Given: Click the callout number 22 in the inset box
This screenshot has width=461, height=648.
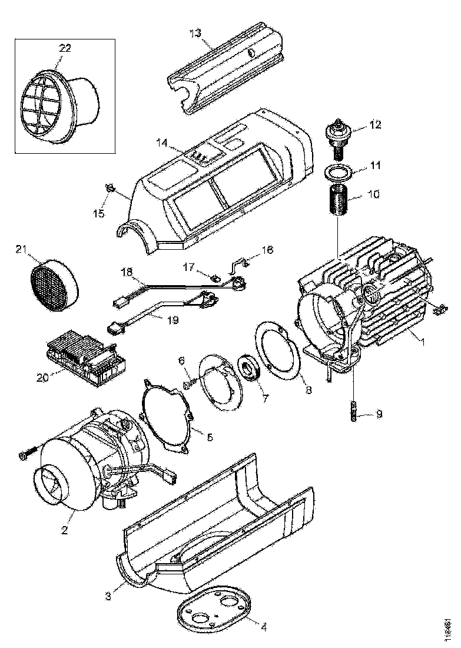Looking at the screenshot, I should coord(65,48).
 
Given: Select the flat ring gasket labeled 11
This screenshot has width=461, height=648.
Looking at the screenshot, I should coord(338,174).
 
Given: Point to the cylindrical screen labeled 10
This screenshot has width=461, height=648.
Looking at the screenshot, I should coord(337,201).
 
